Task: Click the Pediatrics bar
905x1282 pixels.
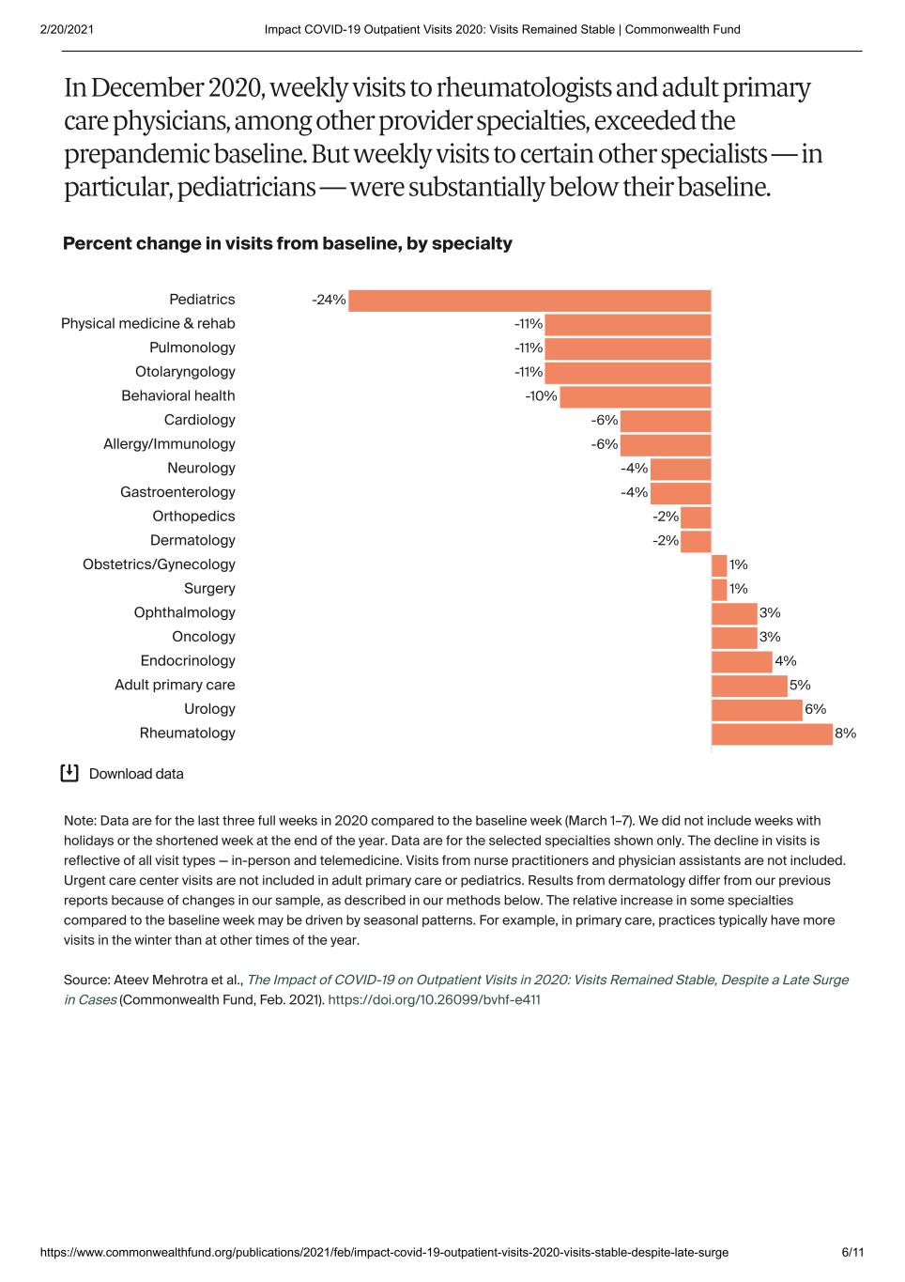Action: (x=529, y=301)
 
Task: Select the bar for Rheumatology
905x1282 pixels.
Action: (x=772, y=734)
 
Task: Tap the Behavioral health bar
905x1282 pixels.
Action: (x=635, y=396)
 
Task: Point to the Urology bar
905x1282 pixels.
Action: (x=757, y=710)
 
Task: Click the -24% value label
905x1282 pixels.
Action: (x=329, y=301)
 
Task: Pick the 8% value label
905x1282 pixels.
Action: (x=845, y=734)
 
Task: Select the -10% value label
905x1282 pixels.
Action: (x=541, y=396)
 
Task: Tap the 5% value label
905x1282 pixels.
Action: (x=800, y=686)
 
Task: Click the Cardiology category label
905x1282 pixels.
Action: (x=199, y=420)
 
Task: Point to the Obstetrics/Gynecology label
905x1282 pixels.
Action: (x=159, y=564)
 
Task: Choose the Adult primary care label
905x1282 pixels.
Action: (x=175, y=685)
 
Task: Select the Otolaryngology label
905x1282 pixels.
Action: (x=185, y=372)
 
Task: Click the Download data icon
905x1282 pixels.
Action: (x=69, y=773)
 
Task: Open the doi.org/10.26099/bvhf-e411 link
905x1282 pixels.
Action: (x=434, y=999)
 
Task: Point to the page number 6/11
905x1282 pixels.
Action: (x=852, y=1252)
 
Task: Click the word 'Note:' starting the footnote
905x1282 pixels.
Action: (x=80, y=821)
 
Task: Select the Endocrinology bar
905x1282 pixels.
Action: (x=742, y=661)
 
